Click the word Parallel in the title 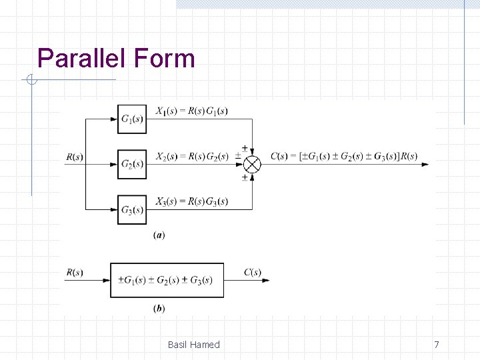[83, 59]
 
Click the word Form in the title [164, 59]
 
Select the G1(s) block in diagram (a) [131, 119]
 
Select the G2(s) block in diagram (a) [131, 165]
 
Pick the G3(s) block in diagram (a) [131, 209]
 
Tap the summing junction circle [253, 164]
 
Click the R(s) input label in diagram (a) [75, 157]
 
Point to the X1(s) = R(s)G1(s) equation [191, 111]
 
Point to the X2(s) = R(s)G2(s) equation [191, 157]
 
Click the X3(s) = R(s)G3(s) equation [191, 201]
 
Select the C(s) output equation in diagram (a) [344, 157]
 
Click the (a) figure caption [159, 235]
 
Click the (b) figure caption [159, 308]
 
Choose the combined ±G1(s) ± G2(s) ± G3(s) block [167, 280]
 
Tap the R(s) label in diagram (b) [75, 272]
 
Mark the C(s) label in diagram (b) [252, 272]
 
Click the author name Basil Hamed [193, 345]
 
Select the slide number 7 [437, 345]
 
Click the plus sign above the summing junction [244, 147]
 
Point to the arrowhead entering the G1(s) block [113, 119]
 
